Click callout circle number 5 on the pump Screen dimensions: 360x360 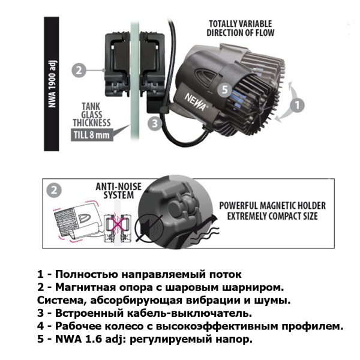224,90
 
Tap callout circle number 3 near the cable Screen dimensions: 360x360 155,123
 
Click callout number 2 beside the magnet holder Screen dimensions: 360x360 77,70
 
